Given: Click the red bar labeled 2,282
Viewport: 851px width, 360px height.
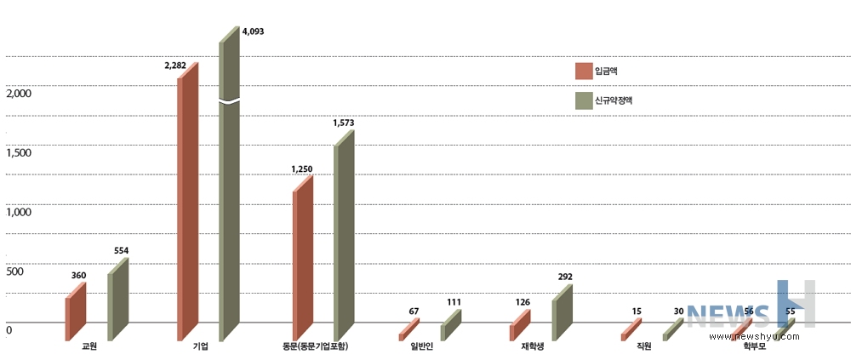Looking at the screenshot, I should [x=187, y=204].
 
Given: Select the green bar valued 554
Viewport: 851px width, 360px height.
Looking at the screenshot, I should [x=117, y=302].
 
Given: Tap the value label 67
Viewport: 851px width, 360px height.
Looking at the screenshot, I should [x=414, y=311].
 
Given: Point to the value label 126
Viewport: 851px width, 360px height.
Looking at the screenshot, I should [x=523, y=300].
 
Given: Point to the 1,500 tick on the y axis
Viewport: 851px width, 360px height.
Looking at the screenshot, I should [x=18, y=152].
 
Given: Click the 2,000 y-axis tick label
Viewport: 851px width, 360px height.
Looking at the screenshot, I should [x=18, y=93].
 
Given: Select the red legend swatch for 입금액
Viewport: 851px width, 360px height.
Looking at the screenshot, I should [x=584, y=71].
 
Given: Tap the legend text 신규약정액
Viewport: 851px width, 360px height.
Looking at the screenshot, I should [x=614, y=100].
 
